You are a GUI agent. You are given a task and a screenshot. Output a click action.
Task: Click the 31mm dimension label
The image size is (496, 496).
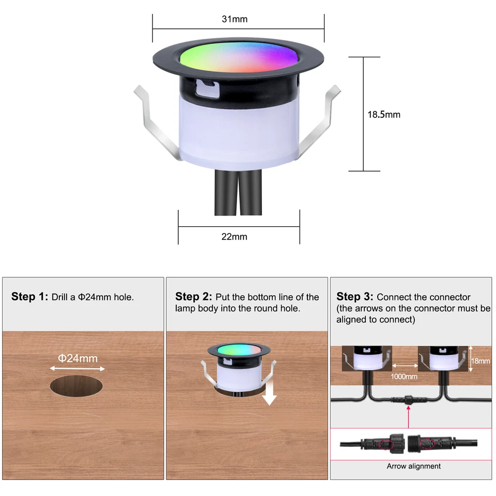coord(235,20)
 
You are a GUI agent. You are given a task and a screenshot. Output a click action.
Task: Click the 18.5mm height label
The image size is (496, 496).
coord(384,114)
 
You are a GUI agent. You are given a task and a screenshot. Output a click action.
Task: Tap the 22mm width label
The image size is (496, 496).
coord(234,237)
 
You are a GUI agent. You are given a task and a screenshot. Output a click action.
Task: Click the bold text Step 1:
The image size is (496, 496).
coord(29,297)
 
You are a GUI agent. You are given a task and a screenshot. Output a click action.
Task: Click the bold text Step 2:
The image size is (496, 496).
coord(194,297)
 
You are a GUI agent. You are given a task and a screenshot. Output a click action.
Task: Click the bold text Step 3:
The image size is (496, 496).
coord(355,297)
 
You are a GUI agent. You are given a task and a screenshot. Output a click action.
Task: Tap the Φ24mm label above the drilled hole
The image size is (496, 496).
coord(78,358)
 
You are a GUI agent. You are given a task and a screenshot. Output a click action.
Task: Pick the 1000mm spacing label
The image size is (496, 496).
coord(405,377)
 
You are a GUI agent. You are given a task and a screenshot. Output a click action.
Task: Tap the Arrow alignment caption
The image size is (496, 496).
coord(413,466)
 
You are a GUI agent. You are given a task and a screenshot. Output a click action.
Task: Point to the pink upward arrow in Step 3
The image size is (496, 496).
coord(408,416)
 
